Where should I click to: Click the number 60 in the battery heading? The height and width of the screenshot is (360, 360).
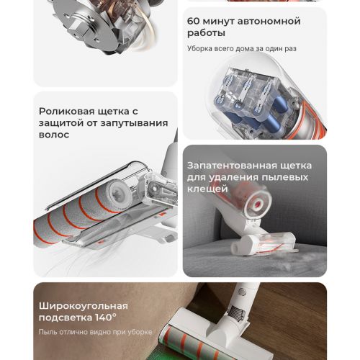coord(193,21)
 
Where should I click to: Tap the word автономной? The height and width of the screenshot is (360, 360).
coord(269,21)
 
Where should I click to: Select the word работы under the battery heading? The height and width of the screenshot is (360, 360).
coord(206,33)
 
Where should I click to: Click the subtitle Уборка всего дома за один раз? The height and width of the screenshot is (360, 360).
coord(242,48)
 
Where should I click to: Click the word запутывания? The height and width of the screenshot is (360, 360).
coord(134,123)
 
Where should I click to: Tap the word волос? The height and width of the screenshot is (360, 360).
coord(54,135)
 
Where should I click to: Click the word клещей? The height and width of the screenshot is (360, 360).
coord(207,189)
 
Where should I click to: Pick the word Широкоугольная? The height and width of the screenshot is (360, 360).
coord(84,306)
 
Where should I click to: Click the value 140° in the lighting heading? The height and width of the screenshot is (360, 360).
coord(106,318)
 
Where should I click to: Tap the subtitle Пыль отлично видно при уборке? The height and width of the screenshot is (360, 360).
coord(95,332)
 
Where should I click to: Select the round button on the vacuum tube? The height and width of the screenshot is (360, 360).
coord(242,292)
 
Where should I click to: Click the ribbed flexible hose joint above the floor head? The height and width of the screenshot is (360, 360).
coord(237,312)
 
